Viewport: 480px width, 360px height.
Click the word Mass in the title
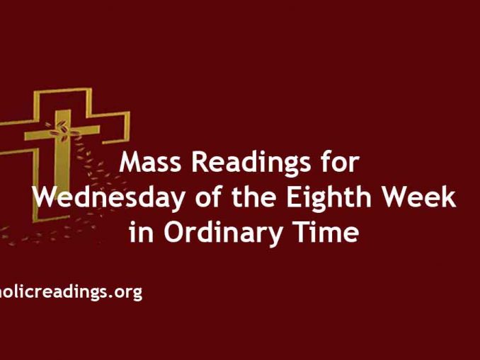[x=149, y=163]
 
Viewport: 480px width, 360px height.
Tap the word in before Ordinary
[x=140, y=232]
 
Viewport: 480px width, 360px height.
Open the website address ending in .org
[x=71, y=292]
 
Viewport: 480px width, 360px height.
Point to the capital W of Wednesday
[x=47, y=197]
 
